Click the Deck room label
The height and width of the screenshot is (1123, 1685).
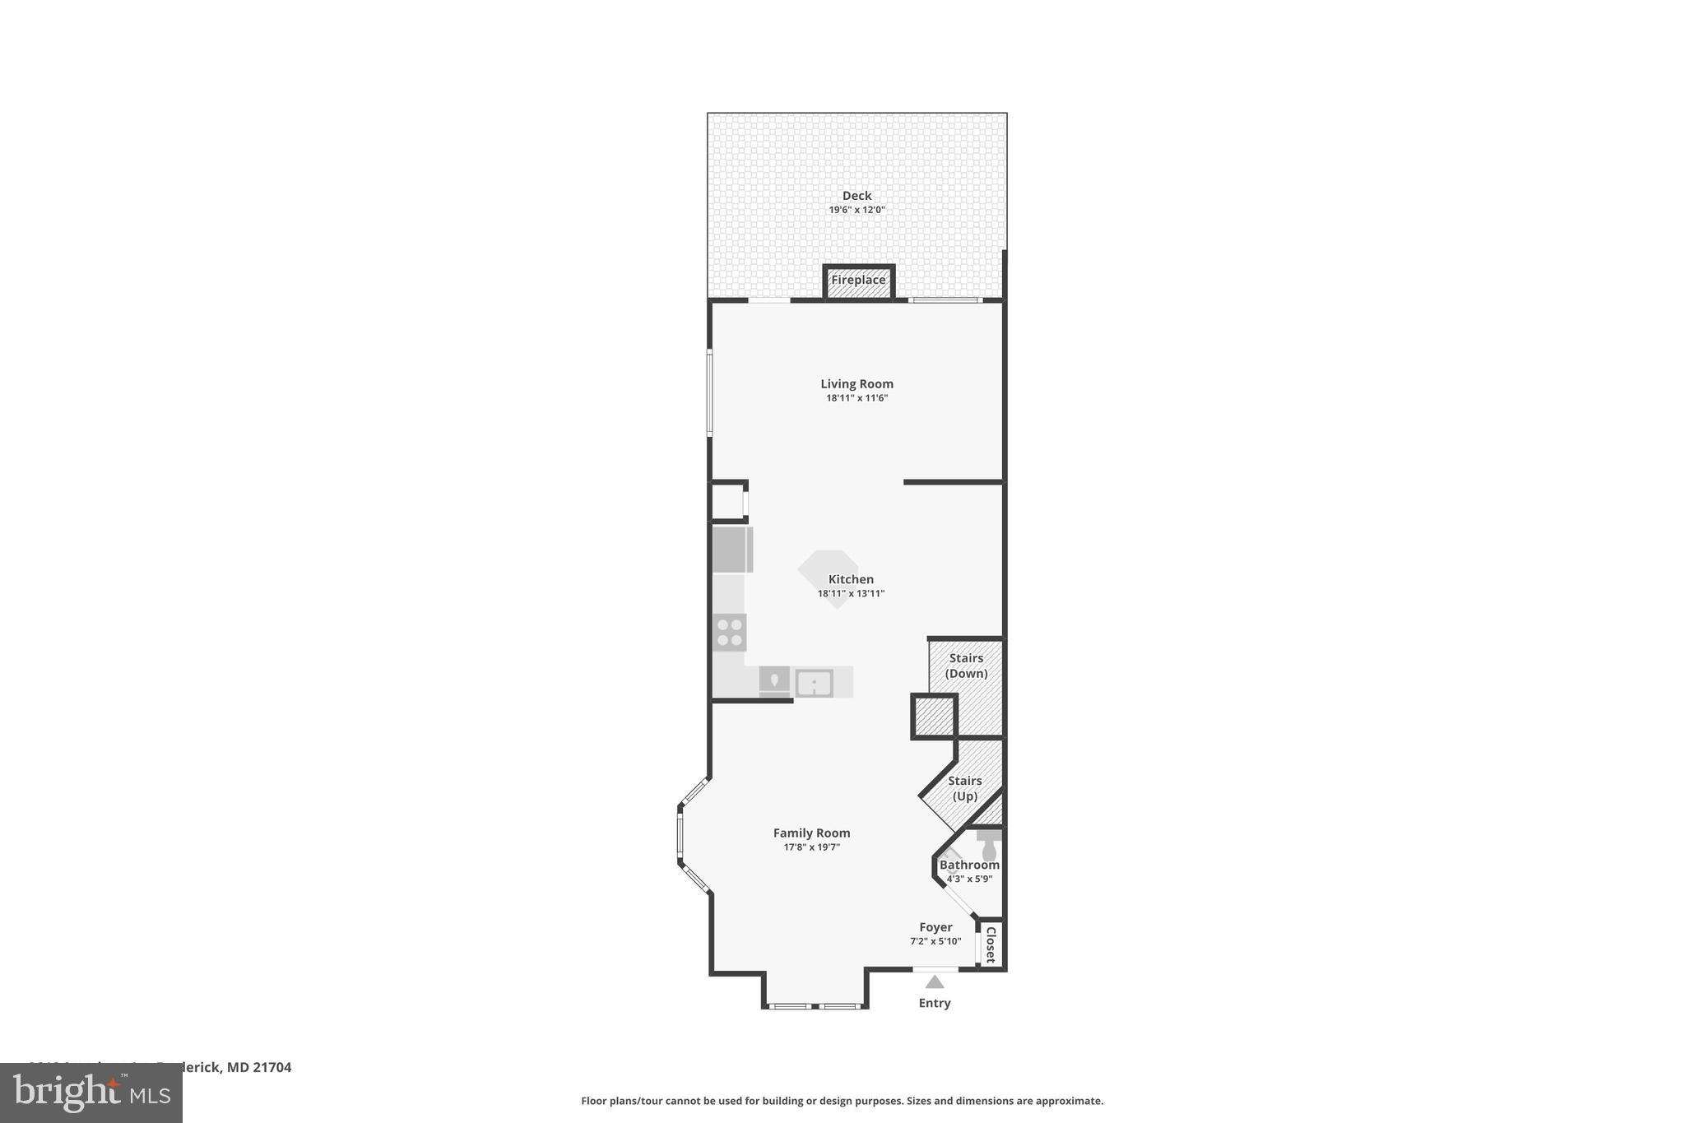point(856,196)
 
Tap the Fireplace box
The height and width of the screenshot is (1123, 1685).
point(858,281)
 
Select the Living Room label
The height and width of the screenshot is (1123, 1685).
point(856,384)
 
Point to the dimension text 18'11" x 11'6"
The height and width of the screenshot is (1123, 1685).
point(856,398)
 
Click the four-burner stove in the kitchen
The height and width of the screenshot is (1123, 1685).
point(730,633)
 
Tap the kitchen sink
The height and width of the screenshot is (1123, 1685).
point(814,683)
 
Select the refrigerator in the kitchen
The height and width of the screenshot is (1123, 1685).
point(731,550)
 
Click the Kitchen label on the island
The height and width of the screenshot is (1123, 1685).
point(851,579)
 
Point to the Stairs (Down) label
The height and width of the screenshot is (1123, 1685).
point(966,666)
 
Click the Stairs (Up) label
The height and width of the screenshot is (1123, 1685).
point(964,788)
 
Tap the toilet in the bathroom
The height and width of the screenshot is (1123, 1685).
point(989,846)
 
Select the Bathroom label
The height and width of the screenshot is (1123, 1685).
point(969,865)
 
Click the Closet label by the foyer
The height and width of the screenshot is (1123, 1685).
point(991,944)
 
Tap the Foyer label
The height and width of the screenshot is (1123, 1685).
point(935,927)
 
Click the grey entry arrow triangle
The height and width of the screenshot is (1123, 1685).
point(934,981)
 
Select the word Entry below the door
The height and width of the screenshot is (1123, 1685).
point(934,1003)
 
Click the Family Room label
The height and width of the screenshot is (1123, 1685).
point(811,833)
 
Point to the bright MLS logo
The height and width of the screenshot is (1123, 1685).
point(91,1093)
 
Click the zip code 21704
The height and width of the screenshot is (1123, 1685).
point(272,1067)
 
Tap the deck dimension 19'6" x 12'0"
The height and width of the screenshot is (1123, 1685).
point(856,210)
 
